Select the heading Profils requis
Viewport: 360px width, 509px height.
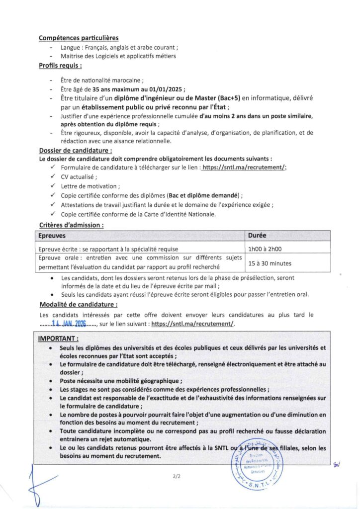click(x=60, y=66)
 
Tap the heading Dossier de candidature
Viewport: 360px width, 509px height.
click(x=75, y=151)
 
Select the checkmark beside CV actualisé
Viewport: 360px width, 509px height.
click(x=53, y=177)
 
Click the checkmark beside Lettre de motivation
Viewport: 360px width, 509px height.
click(x=53, y=186)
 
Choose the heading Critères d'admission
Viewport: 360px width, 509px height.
click(x=71, y=225)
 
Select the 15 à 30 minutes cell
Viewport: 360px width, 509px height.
click(x=270, y=263)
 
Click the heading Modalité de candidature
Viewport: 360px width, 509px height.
click(x=78, y=305)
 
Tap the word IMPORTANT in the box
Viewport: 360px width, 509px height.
click(x=58, y=339)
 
